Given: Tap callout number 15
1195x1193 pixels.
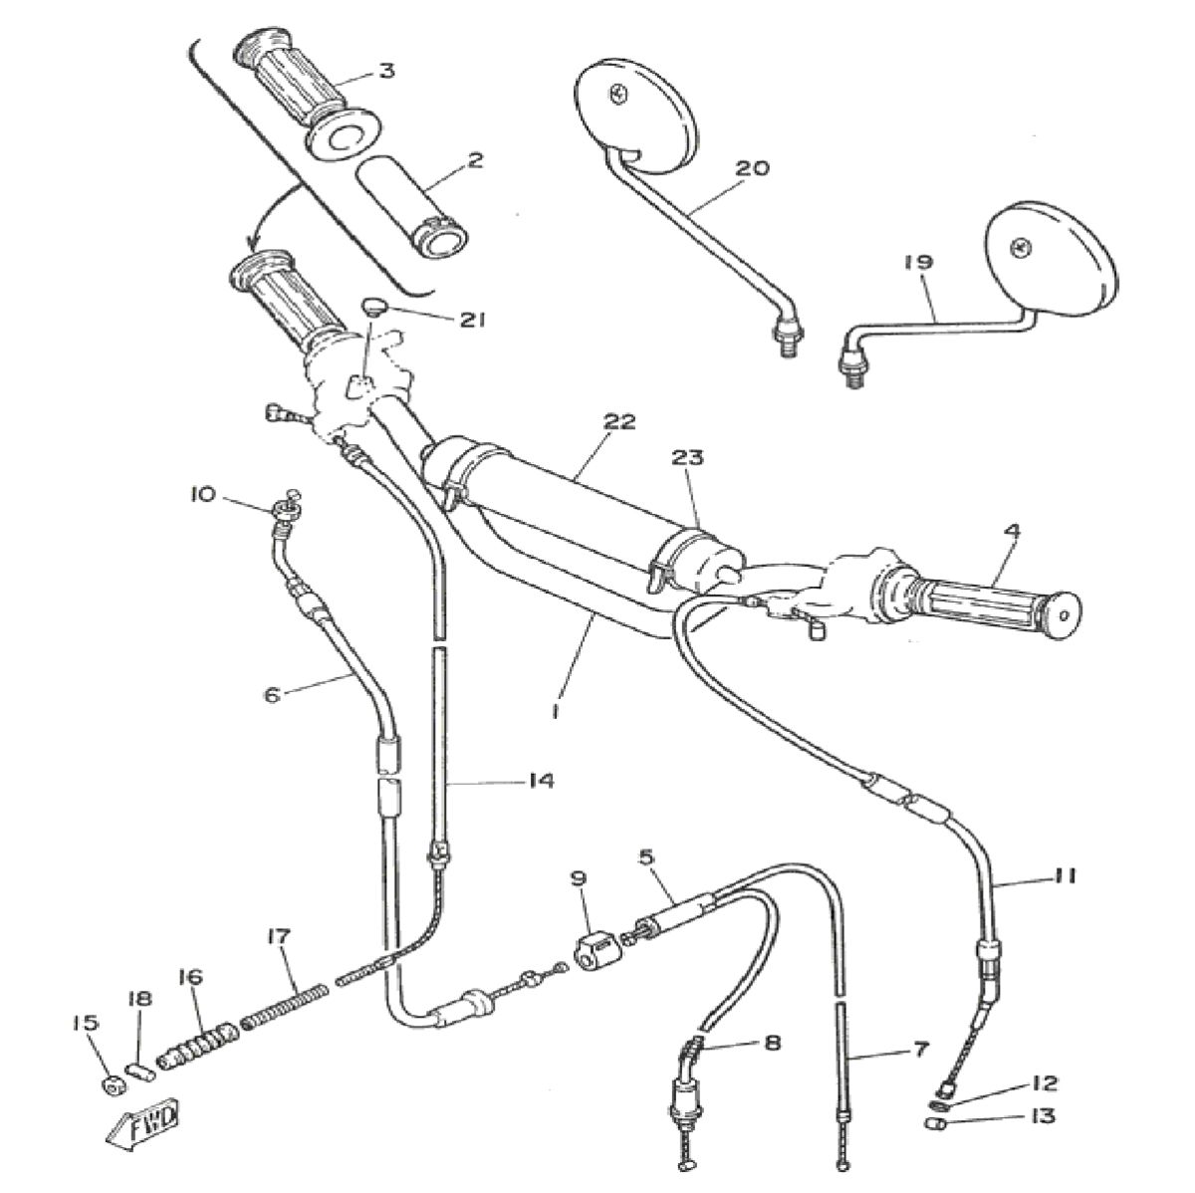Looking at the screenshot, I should (x=88, y=1024).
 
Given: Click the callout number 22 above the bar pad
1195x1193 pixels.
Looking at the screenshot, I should (x=618, y=421).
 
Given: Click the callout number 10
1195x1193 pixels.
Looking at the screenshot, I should (x=202, y=494).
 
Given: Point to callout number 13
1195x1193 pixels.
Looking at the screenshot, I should (x=1044, y=1117).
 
